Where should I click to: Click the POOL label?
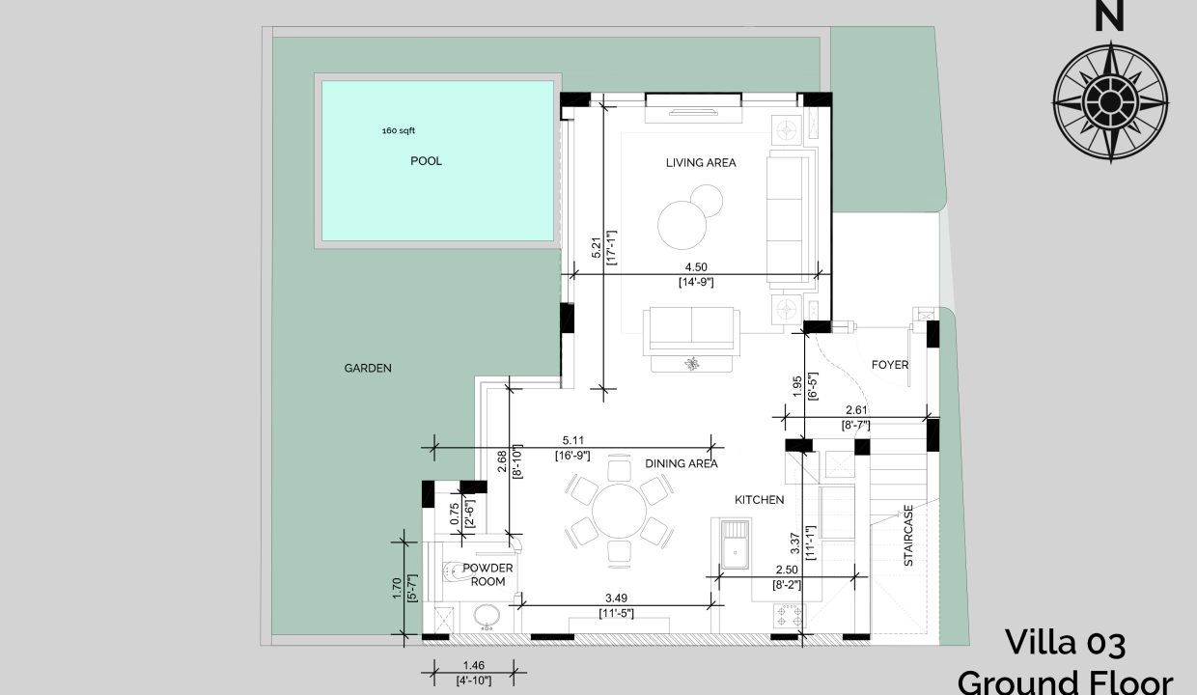pyautogui.click(x=426, y=161)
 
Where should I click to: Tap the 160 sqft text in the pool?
pyautogui.click(x=398, y=130)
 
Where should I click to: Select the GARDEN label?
pyautogui.click(x=368, y=368)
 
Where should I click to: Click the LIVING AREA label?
pyautogui.click(x=701, y=162)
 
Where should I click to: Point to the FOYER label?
pyautogui.click(x=890, y=365)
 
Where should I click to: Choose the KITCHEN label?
pyautogui.click(x=760, y=500)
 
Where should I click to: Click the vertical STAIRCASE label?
pyautogui.click(x=908, y=536)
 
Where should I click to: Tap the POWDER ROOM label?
pyautogui.click(x=487, y=574)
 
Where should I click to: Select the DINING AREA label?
pyautogui.click(x=682, y=463)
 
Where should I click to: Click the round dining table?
pyautogui.click(x=619, y=512)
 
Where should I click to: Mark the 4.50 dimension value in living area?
pyautogui.click(x=696, y=267)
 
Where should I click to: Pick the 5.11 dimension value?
pyautogui.click(x=572, y=441)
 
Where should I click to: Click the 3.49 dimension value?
pyautogui.click(x=616, y=598)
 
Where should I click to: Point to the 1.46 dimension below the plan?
pyautogui.click(x=473, y=666)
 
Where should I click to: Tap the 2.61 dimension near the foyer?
pyautogui.click(x=856, y=410)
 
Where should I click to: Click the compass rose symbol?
pyautogui.click(x=1110, y=101)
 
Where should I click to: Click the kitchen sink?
pyautogui.click(x=736, y=544)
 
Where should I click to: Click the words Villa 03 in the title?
pyautogui.click(x=1066, y=642)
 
